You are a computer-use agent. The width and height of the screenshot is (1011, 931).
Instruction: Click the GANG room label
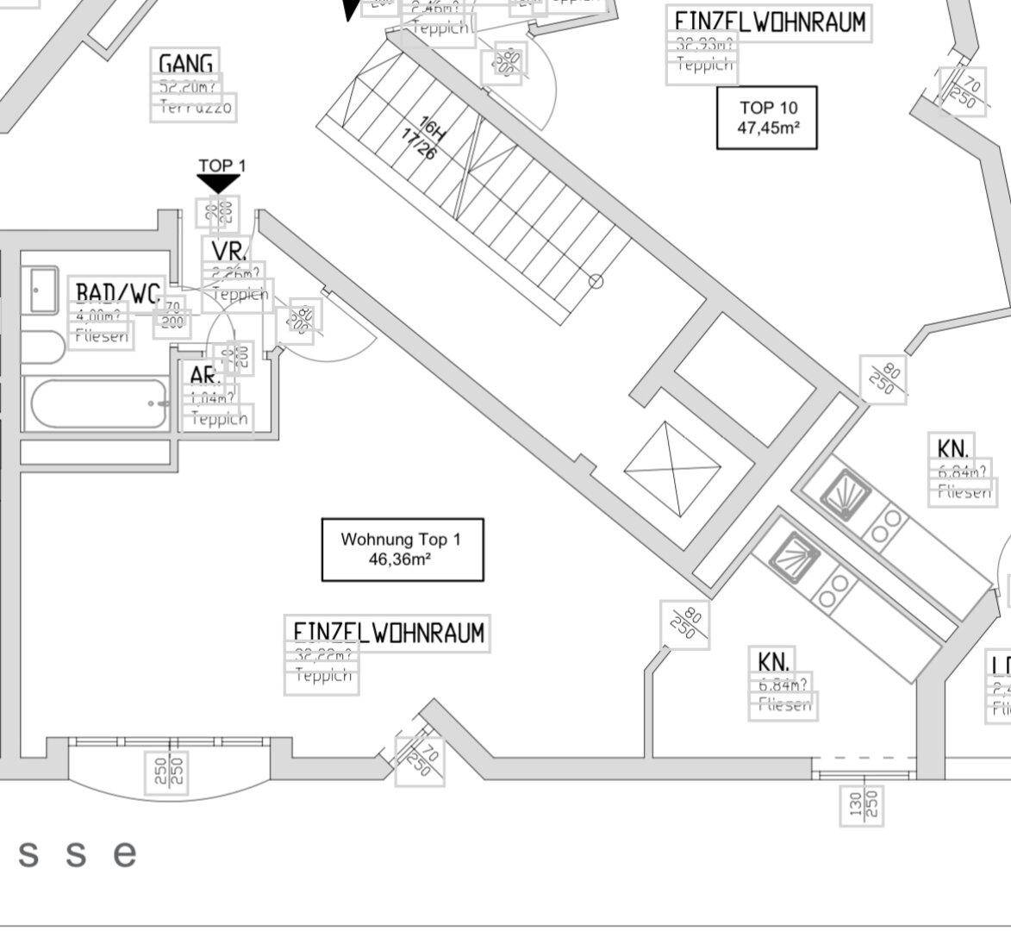(185, 64)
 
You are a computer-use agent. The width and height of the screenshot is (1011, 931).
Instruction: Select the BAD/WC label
(118, 293)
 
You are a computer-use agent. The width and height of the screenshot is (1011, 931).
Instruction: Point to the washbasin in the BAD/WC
(42, 289)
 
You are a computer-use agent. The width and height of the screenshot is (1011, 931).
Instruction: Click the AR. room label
(206, 376)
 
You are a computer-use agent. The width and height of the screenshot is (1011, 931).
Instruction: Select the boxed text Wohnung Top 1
(402, 549)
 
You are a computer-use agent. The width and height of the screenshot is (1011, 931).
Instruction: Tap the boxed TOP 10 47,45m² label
(767, 117)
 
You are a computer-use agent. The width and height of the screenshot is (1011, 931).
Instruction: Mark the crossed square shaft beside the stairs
(672, 469)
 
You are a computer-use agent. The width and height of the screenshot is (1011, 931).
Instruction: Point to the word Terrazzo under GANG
(193, 108)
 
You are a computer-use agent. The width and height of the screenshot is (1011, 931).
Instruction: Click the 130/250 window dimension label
(862, 805)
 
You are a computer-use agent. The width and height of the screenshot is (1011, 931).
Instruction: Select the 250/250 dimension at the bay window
(168, 771)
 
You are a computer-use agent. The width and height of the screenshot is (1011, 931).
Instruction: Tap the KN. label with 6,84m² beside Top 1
(774, 661)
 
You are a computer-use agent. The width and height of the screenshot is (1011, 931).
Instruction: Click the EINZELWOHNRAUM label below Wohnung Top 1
(388, 632)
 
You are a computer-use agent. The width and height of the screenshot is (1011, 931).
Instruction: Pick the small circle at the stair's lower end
(596, 281)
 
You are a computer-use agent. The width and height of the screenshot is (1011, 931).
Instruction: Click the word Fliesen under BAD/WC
(102, 336)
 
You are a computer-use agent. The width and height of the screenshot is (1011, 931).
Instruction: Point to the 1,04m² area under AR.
(212, 398)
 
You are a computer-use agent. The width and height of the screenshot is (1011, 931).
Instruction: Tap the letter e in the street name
(126, 854)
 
